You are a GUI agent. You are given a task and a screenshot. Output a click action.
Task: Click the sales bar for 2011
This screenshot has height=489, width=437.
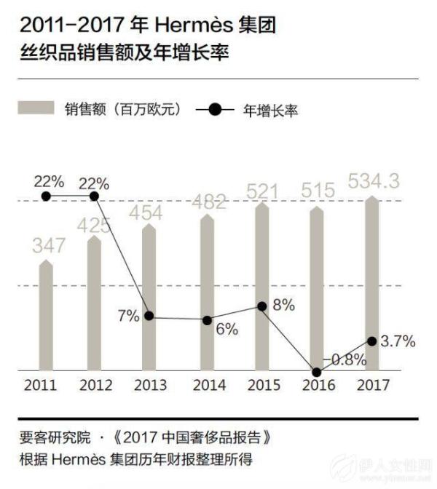click(x=46, y=317)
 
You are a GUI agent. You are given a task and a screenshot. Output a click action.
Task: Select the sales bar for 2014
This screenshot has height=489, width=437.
click(x=208, y=291)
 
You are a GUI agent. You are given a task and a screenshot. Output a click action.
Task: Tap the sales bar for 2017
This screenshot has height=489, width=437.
click(x=371, y=284)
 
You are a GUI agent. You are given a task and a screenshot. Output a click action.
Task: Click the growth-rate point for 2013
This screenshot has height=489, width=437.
click(x=149, y=317)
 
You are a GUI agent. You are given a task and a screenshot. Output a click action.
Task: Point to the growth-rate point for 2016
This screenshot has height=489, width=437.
click(x=316, y=371)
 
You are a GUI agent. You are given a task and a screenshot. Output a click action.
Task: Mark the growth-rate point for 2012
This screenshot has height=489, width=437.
click(x=95, y=196)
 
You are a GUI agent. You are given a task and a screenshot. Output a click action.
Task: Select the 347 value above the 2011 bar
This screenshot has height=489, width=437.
click(x=47, y=245)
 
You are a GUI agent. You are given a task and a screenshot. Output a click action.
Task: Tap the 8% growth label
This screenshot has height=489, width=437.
click(x=283, y=306)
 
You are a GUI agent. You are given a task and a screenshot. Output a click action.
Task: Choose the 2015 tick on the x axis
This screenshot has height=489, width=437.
click(x=263, y=386)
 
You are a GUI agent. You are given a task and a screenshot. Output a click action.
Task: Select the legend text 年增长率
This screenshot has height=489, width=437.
click(x=272, y=111)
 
